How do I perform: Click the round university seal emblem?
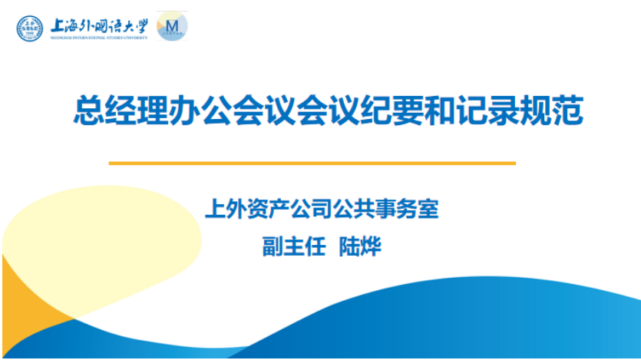click(x=29, y=28)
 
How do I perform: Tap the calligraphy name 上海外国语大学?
click(x=99, y=26)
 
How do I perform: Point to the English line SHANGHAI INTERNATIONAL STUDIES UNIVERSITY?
click(x=99, y=38)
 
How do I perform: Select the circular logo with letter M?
click(x=172, y=27)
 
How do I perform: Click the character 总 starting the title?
click(x=89, y=110)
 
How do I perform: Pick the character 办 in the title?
click(x=185, y=110)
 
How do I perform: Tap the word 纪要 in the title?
click(x=392, y=110)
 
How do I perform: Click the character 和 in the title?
click(x=440, y=110)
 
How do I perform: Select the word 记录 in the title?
click(x=487, y=110)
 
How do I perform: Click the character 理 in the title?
click(x=153, y=110)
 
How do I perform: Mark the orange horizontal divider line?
click(x=312, y=163)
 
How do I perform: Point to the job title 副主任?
click(x=294, y=246)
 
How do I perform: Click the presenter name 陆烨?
click(x=360, y=246)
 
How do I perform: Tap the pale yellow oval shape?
click(x=102, y=241)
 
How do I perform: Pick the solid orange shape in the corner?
click(x=25, y=311)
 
